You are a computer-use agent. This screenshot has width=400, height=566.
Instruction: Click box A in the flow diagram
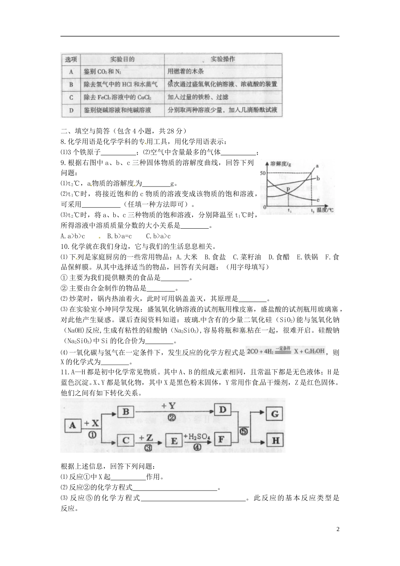click(73, 426)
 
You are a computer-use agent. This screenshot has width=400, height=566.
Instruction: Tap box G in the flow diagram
click(275, 414)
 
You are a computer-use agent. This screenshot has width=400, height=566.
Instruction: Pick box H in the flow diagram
click(275, 441)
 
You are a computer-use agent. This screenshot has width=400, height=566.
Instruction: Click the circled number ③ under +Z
click(148, 448)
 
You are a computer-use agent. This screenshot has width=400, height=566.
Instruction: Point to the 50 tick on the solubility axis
click(263, 174)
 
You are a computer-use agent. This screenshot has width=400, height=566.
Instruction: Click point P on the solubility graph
click(288, 190)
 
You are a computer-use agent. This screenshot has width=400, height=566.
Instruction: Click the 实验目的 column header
click(122, 59)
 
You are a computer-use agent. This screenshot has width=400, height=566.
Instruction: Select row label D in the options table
click(71, 111)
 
